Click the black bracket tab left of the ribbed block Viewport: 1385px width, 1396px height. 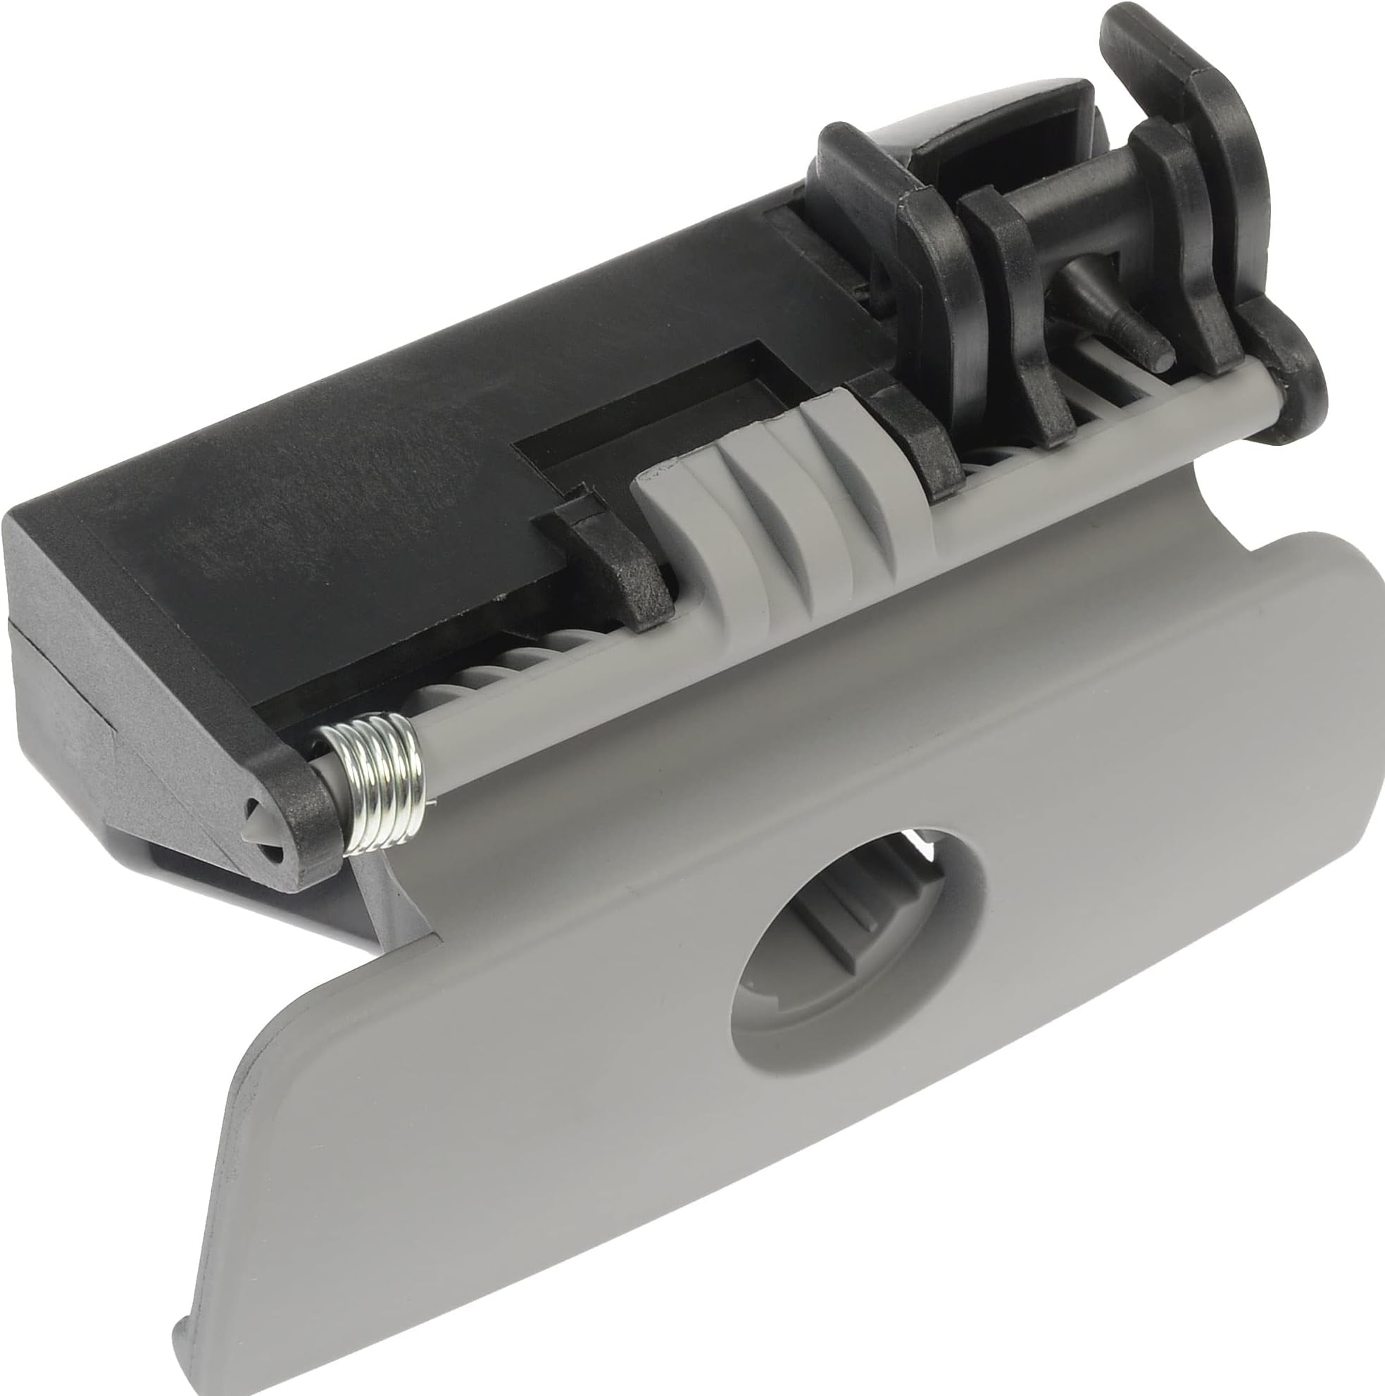coord(621,571)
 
